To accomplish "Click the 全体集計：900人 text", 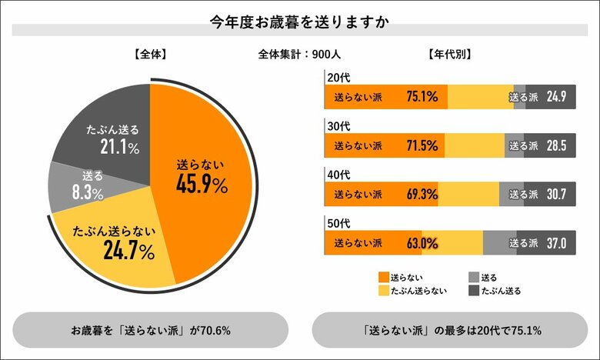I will click(x=300, y=55).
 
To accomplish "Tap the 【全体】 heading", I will click(x=149, y=55).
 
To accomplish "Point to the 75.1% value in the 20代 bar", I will click(x=422, y=97).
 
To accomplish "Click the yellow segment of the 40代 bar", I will click(x=468, y=195).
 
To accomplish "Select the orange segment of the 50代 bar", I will click(x=373, y=244).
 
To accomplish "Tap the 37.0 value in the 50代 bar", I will click(x=556, y=244).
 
